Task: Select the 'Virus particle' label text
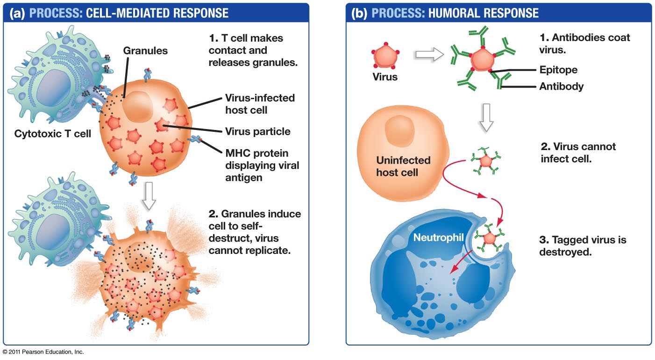click(257, 131)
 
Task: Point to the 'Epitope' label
click(558, 70)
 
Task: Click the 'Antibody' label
click(561, 86)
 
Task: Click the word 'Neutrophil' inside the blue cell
click(438, 238)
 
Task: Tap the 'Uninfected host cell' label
click(403, 166)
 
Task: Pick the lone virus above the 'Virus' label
click(384, 55)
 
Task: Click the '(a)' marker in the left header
click(19, 13)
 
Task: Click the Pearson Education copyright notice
click(43, 352)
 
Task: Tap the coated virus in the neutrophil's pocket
click(489, 238)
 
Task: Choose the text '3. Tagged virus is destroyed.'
click(582, 246)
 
